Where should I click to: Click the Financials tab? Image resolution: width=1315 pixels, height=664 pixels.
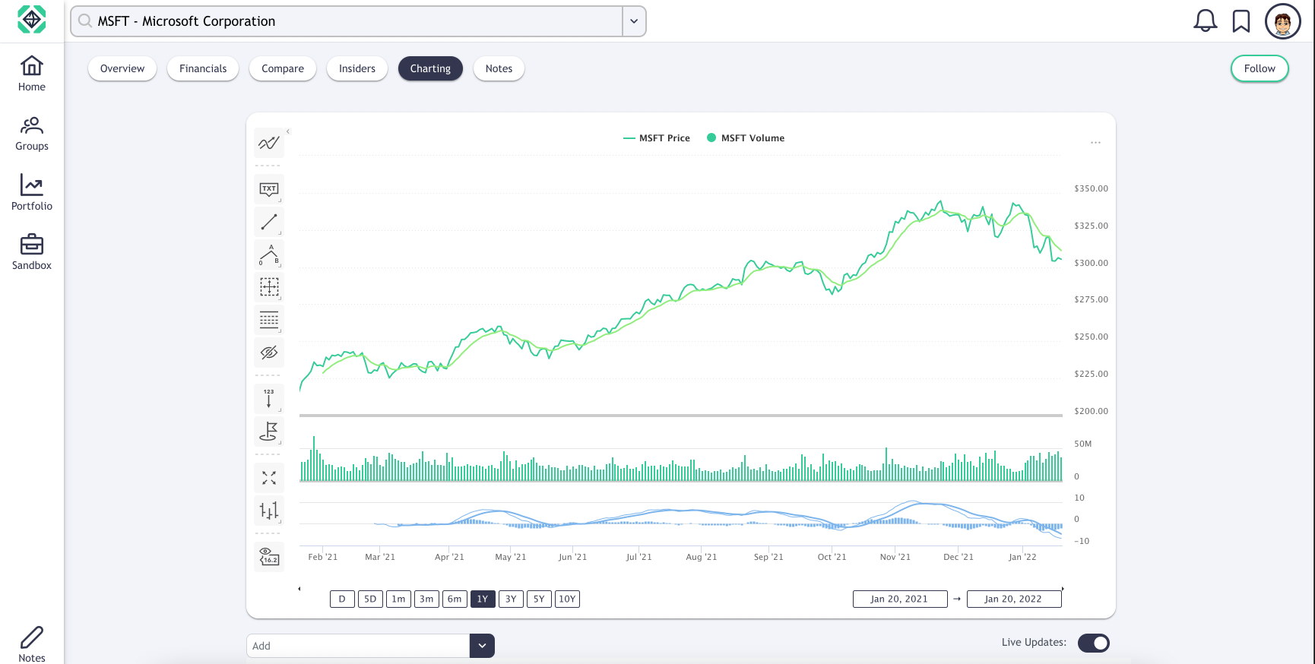203,68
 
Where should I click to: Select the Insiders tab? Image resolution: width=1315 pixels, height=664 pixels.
356,68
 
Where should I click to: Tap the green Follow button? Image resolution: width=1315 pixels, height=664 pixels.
1259,68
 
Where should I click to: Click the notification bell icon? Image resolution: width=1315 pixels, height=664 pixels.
1205,21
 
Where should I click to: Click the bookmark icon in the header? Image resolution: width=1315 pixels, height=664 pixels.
1241,21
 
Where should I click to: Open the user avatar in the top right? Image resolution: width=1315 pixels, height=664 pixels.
1282,21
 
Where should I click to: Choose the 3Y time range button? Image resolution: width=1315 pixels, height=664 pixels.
511,599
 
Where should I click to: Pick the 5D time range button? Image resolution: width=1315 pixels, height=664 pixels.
370,599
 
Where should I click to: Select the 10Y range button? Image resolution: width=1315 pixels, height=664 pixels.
567,599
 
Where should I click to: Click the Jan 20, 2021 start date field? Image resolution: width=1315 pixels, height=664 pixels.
899,599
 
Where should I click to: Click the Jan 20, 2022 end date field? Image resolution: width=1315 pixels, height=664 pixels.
1013,599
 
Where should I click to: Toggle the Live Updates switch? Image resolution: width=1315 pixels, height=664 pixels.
1093,643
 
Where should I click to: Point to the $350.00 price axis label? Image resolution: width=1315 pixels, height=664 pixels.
1091,188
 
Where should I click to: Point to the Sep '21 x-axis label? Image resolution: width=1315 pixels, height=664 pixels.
768,557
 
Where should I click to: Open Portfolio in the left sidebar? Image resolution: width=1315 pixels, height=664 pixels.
32,191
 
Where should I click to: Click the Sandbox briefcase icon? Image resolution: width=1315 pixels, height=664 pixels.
32,245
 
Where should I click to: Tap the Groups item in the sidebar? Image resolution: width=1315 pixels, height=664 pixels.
32,133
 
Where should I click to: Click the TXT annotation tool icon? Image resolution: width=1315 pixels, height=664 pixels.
269,189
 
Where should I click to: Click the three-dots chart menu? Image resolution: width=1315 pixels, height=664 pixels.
1095,143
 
